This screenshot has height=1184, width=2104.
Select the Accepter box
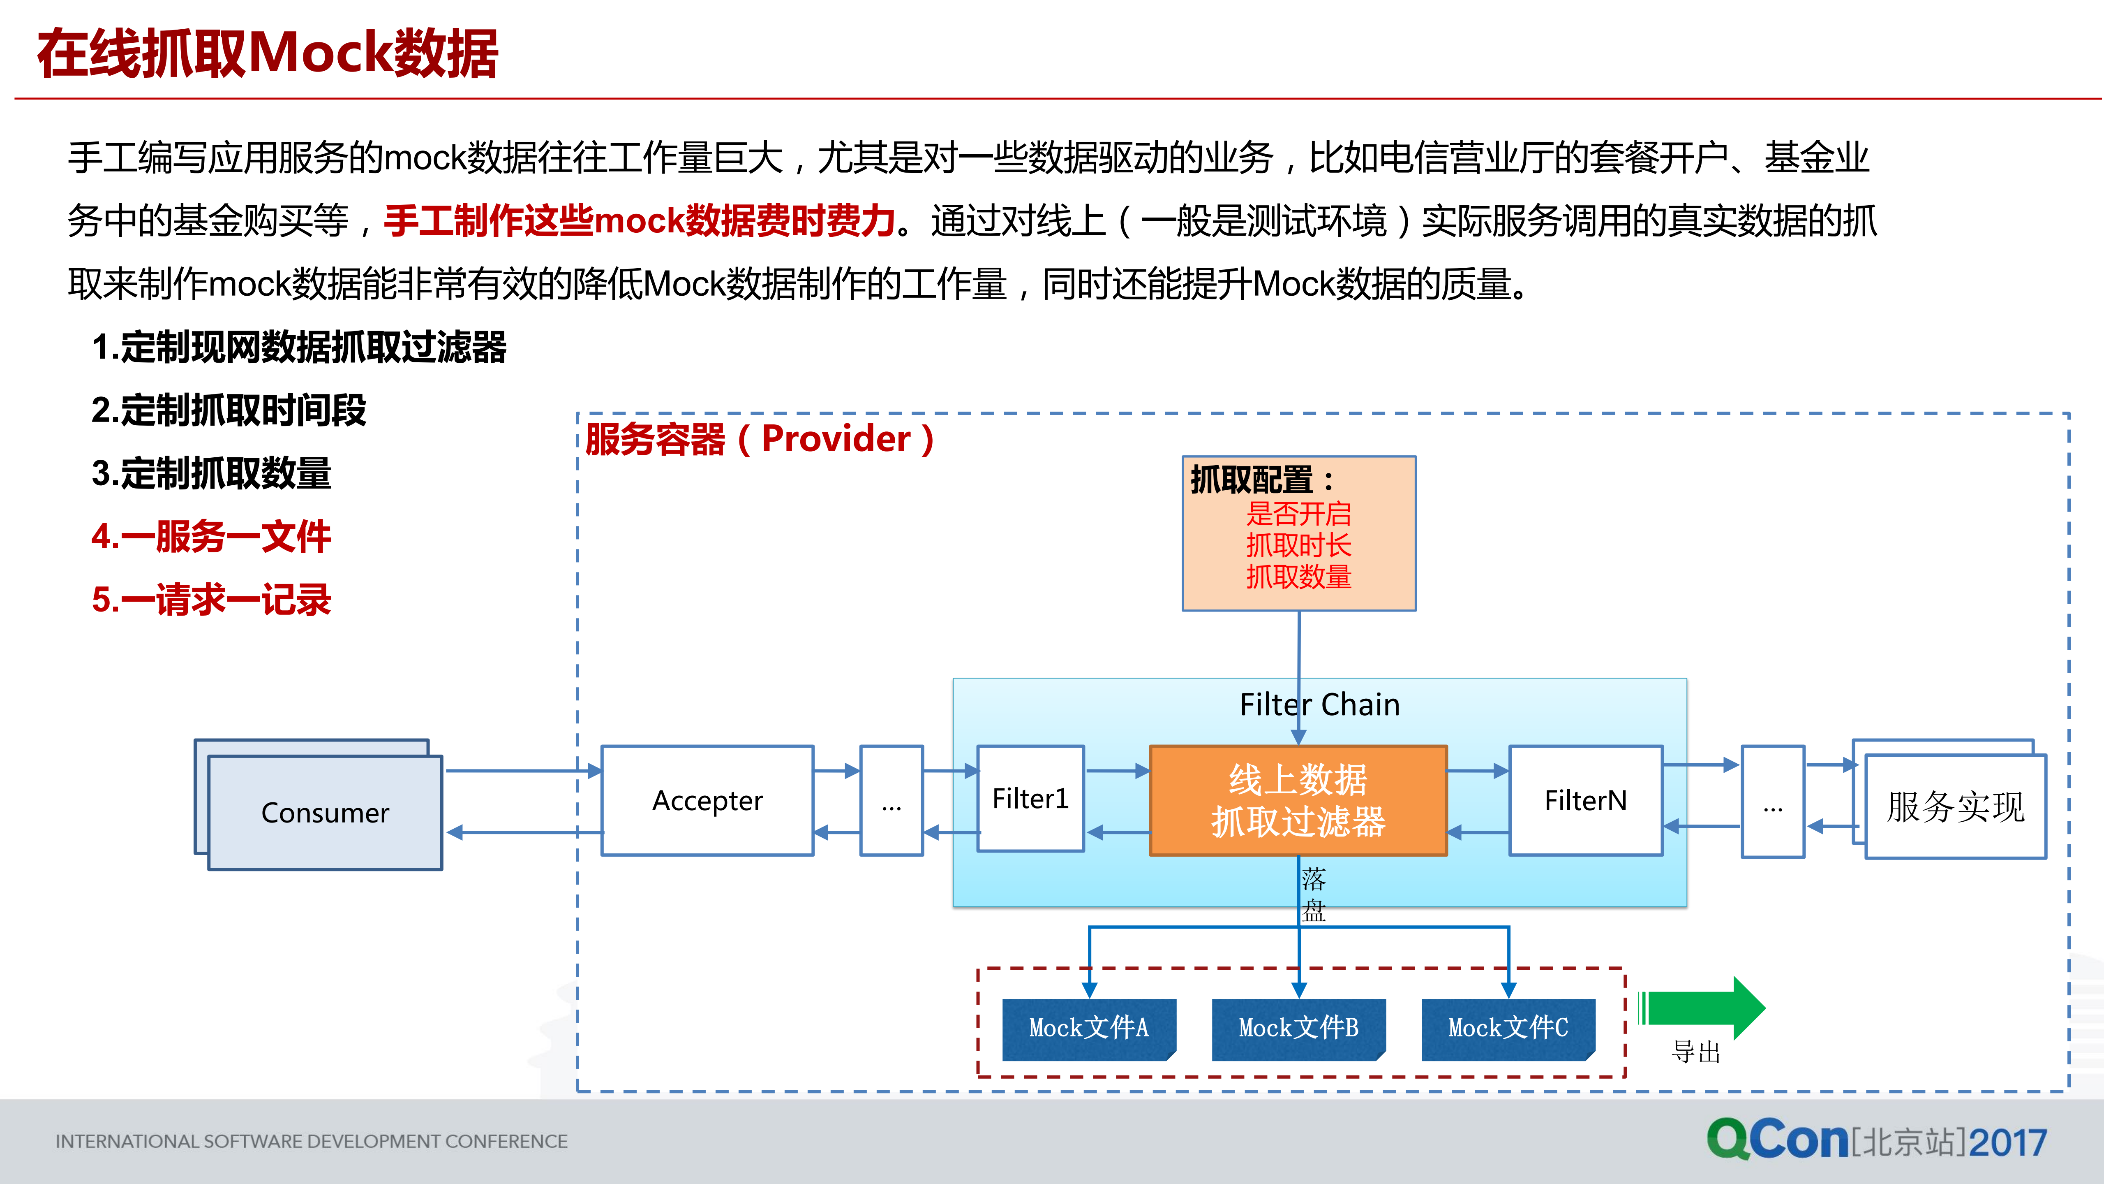(x=707, y=801)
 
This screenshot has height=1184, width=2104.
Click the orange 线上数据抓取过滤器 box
(x=1298, y=801)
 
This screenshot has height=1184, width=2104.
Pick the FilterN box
(x=1585, y=801)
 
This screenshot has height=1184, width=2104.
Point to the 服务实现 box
(x=1955, y=807)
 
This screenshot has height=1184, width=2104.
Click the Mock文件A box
(x=1089, y=1029)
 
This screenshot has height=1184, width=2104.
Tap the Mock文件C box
(x=1508, y=1029)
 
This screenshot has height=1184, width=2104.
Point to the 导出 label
(x=1696, y=1052)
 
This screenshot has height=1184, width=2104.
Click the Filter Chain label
(x=1319, y=704)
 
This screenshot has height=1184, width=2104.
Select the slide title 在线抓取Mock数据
(x=267, y=54)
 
